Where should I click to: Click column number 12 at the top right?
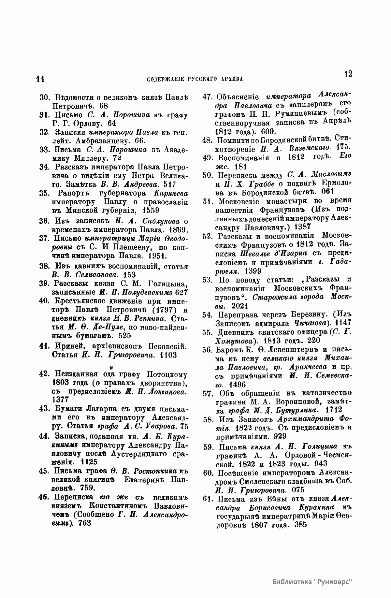point(348,74)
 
